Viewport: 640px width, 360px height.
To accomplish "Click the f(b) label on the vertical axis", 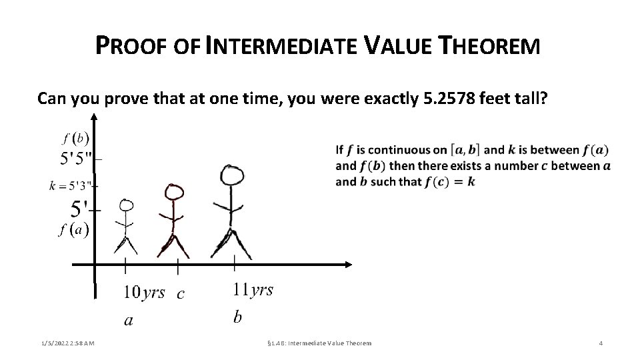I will [x=75, y=139].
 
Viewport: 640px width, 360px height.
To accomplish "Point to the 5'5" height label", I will [x=77, y=159].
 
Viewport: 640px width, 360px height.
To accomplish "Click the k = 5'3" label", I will [x=72, y=186].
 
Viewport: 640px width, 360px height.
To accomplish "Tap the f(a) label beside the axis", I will [x=74, y=231].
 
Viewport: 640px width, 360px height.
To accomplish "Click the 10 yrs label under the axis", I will [x=144, y=293].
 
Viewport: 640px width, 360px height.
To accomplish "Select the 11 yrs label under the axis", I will [x=253, y=290].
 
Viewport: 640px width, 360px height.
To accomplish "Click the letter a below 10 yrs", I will [x=129, y=321].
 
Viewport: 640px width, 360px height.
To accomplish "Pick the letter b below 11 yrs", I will [x=237, y=317].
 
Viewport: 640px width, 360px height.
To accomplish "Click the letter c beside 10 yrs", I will [x=180, y=293].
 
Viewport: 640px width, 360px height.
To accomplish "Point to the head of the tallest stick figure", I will [x=232, y=176].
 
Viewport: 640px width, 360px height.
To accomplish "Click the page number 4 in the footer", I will [x=601, y=343].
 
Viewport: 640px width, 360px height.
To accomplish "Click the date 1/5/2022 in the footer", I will [x=53, y=343].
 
